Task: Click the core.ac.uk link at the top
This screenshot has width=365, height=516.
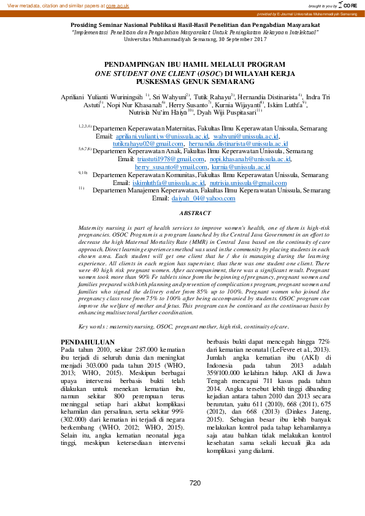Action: pos(118,6)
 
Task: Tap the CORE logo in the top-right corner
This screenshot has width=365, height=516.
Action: pos(349,6)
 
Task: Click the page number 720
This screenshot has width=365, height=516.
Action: pos(195,484)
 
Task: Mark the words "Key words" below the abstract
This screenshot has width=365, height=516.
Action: pos(94,327)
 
